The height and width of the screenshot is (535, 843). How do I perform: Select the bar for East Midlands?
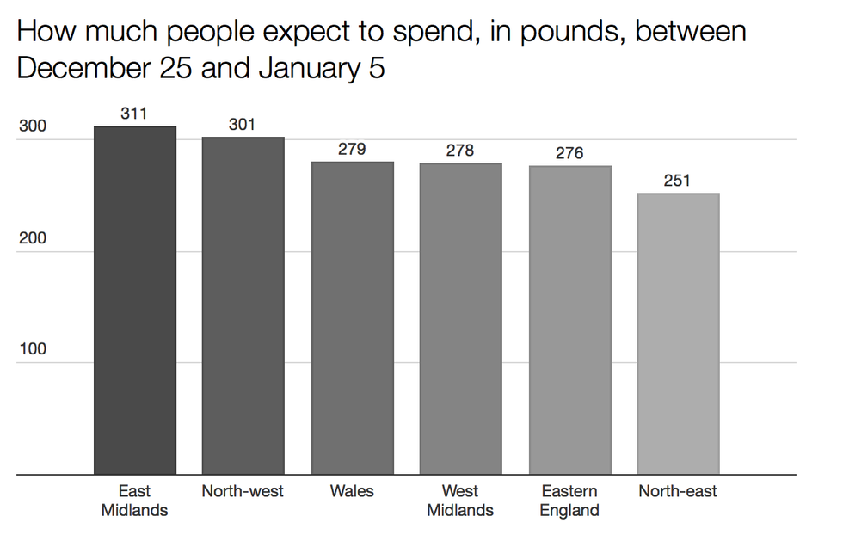click(x=135, y=300)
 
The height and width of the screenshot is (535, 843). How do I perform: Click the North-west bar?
click(x=243, y=305)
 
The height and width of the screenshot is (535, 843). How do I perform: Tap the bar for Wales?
click(x=352, y=317)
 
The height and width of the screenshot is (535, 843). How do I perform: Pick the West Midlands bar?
click(x=460, y=318)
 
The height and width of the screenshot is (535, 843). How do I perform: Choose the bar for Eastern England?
click(x=569, y=319)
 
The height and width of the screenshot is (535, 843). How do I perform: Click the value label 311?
click(x=134, y=113)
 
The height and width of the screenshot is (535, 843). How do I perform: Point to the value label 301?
click(x=243, y=124)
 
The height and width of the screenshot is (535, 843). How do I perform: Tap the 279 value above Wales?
click(x=352, y=149)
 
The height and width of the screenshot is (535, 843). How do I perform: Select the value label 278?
click(x=460, y=150)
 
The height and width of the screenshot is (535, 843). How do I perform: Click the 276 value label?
click(x=569, y=152)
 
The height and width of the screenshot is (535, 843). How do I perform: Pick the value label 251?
click(x=678, y=180)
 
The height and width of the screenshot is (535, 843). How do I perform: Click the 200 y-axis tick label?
click(x=32, y=238)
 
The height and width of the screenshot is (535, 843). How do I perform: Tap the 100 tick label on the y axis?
click(x=32, y=349)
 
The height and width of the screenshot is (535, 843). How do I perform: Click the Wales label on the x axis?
click(x=352, y=491)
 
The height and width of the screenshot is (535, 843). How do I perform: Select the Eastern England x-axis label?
click(x=569, y=501)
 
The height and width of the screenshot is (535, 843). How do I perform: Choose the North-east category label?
click(x=678, y=491)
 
